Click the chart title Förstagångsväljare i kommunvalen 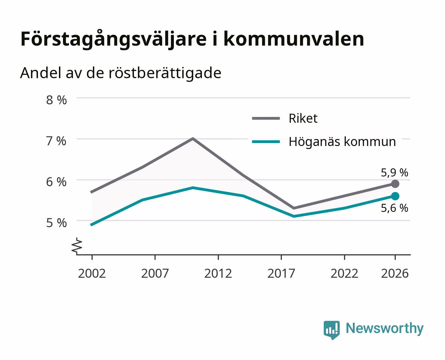click(192, 39)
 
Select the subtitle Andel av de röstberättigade click(121, 73)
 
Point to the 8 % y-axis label click(56, 100)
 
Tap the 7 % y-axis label click(56, 141)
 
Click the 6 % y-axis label click(56, 182)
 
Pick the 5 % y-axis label click(56, 223)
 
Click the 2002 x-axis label click(92, 273)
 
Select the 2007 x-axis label click(155, 273)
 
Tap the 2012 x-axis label click(218, 273)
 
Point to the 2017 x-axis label click(281, 273)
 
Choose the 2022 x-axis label click(344, 273)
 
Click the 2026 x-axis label click(395, 273)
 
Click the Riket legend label click(303, 118)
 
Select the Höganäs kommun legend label click(342, 142)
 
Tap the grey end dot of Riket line click(395, 184)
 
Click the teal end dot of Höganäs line click(395, 196)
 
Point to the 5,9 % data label click(394, 173)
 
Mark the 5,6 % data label click(394, 208)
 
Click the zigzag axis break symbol click(77, 246)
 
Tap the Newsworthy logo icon click(331, 330)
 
